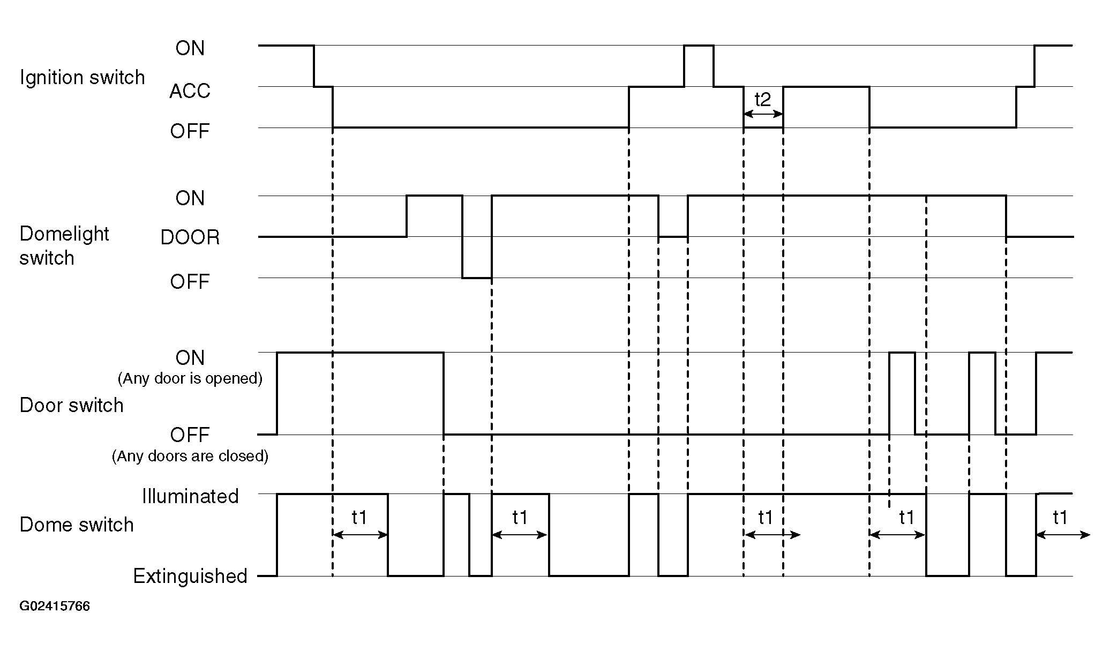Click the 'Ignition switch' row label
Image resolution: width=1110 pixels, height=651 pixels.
tap(82, 78)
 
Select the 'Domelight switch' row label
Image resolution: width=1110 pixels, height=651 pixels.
tap(64, 246)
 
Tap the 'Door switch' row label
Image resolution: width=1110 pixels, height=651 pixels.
tap(71, 405)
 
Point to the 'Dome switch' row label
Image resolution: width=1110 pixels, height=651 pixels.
tap(77, 525)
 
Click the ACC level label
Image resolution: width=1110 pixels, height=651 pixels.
tap(190, 91)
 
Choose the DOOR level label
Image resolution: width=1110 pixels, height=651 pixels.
tap(190, 237)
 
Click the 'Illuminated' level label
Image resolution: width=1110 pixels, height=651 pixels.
tap(190, 496)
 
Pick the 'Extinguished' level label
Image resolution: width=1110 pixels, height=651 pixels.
tap(190, 576)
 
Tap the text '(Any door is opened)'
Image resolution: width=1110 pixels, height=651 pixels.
tap(190, 378)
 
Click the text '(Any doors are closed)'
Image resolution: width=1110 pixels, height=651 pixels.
tap(190, 456)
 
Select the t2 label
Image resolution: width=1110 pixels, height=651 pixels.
tap(762, 99)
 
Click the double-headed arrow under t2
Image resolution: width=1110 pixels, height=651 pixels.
tap(763, 114)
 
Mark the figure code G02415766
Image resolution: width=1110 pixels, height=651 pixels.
tap(55, 606)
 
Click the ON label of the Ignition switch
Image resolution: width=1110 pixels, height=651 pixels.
tap(190, 48)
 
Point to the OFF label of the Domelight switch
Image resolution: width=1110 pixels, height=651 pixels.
tap(190, 281)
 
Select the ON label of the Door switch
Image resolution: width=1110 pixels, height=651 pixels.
tap(190, 357)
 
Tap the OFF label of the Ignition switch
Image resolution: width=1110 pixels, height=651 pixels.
tap(190, 131)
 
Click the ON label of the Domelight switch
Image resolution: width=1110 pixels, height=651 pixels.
tap(190, 198)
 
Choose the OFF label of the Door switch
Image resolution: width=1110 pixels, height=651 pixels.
tap(190, 435)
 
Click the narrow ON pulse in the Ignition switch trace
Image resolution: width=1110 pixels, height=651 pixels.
tap(699, 46)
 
